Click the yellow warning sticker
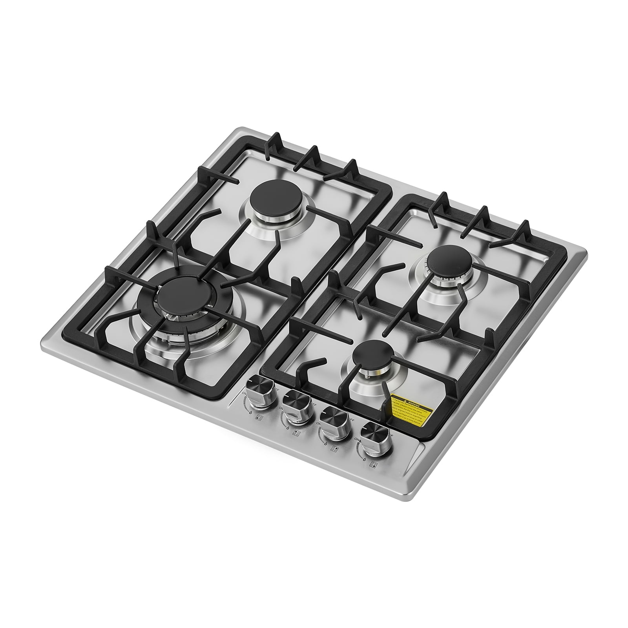410,411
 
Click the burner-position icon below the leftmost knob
260,418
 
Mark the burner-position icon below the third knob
334,449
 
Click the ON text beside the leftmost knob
244,394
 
